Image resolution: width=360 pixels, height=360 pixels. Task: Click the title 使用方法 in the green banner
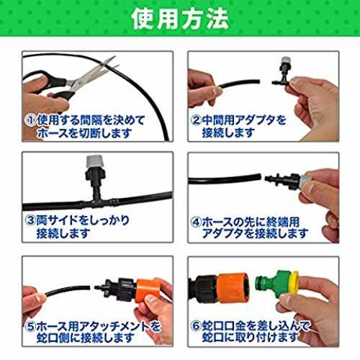pyautogui.click(x=180, y=19)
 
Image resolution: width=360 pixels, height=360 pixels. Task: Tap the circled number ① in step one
pyautogui.click(x=30, y=120)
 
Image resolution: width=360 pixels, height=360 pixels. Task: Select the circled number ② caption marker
pyautogui.click(x=196, y=120)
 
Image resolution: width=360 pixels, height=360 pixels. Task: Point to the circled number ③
pyautogui.click(x=30, y=220)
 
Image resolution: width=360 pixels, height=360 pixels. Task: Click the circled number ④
pyautogui.click(x=196, y=222)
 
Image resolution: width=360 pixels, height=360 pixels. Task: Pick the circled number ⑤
pyautogui.click(x=30, y=325)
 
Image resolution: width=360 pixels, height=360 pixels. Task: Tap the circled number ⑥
pyautogui.click(x=196, y=325)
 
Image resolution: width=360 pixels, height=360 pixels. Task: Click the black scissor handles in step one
pyautogui.click(x=52, y=84)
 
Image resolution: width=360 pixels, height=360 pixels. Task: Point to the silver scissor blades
pyautogui.click(x=94, y=73)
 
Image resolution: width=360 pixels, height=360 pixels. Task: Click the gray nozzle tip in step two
pyautogui.click(x=286, y=60)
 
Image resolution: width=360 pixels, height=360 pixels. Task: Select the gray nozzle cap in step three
pyautogui.click(x=95, y=161)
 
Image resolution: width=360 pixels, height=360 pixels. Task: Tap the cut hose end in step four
pyautogui.click(x=259, y=177)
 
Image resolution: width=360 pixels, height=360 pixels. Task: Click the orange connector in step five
pyautogui.click(x=147, y=290)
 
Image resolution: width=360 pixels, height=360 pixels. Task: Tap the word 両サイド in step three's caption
pyautogui.click(x=58, y=220)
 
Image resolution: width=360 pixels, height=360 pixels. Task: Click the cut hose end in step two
pyautogui.click(x=258, y=81)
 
